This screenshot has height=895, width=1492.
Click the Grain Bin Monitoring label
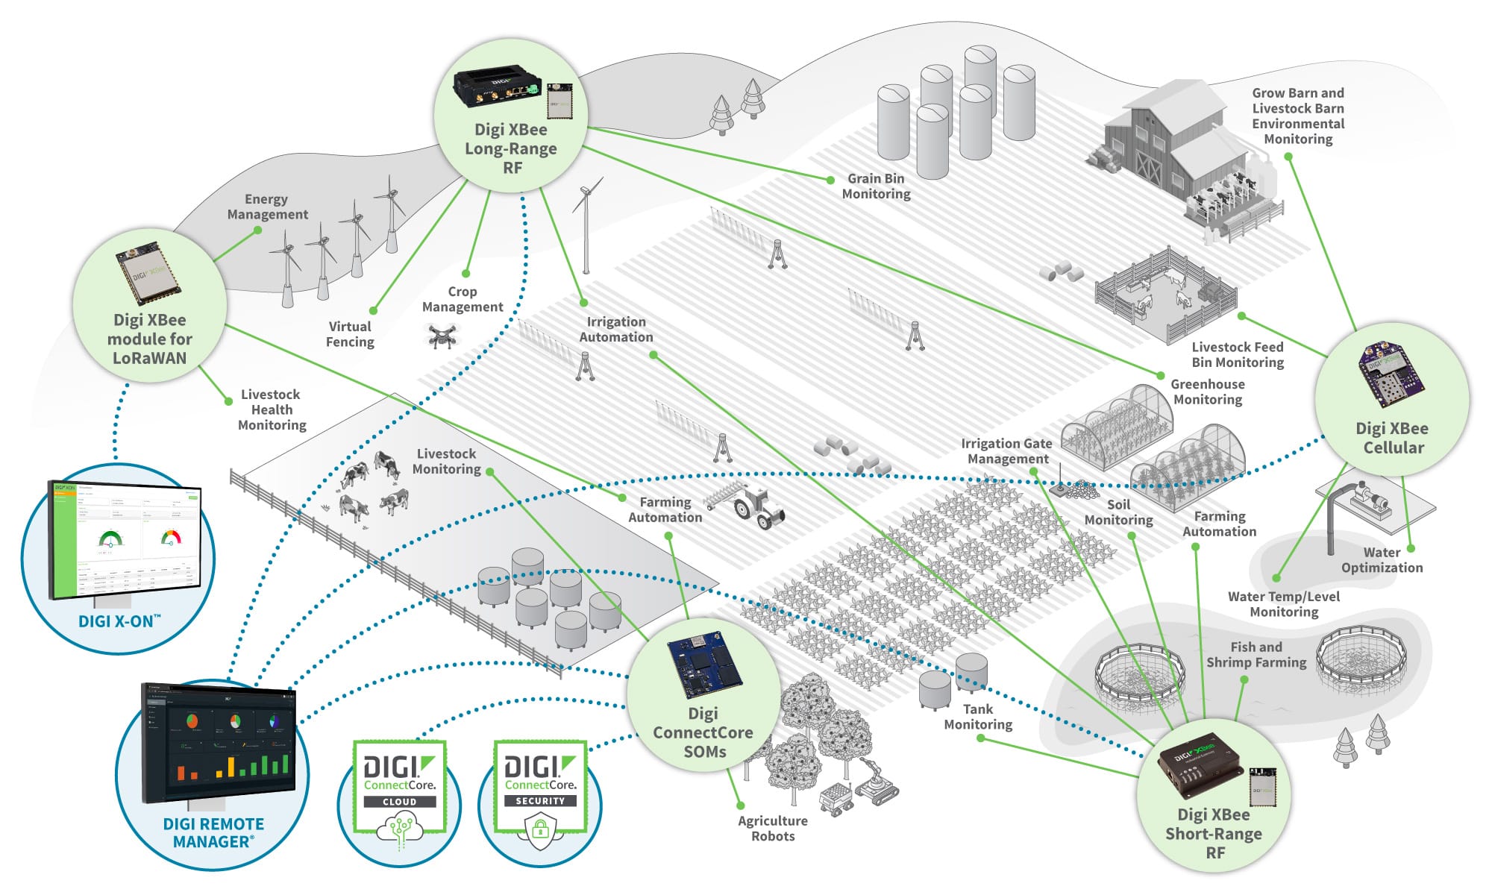point(876,186)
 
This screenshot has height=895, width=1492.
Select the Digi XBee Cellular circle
point(1392,400)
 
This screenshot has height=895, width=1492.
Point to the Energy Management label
point(267,207)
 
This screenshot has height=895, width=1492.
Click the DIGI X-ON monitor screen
point(125,538)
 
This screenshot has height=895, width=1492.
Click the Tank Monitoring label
point(978,717)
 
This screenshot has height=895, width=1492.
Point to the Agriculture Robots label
point(773,829)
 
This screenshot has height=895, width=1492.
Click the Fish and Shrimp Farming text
point(1256,655)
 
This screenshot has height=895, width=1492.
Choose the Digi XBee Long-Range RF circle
point(511,116)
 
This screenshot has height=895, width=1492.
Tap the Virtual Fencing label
point(350,334)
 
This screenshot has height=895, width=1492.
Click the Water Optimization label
point(1382,560)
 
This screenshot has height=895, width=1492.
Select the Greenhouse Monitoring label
point(1207,392)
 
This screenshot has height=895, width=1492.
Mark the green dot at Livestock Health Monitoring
point(229,401)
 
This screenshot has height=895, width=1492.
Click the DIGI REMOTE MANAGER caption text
point(213,833)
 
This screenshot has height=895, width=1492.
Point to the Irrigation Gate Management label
point(1006,451)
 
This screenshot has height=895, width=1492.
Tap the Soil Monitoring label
point(1118,512)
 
